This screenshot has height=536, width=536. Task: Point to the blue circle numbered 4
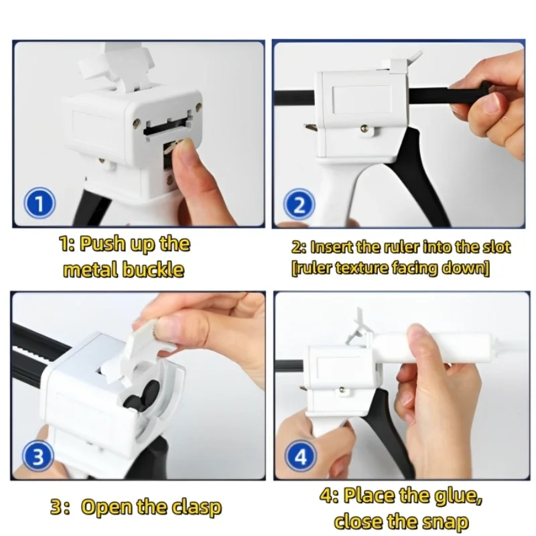click(301, 458)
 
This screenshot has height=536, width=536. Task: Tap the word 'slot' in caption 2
click(496, 247)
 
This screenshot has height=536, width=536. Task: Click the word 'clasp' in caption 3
click(195, 507)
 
